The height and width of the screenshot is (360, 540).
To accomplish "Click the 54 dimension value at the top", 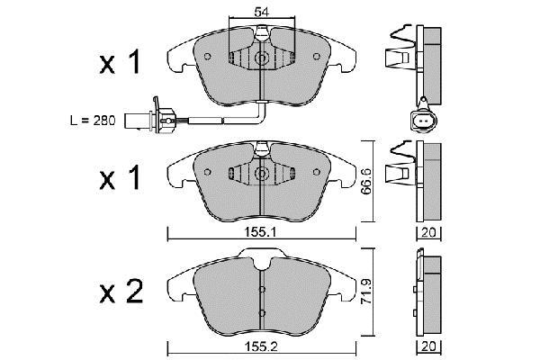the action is (261, 12).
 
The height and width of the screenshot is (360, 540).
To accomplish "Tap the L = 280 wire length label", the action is (93, 121).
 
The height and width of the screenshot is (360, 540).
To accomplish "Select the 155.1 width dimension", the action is (260, 232).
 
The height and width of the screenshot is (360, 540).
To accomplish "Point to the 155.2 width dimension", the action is (261, 346).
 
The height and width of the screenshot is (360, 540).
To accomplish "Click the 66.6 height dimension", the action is (366, 181).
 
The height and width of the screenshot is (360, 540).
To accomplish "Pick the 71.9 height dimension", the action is (366, 292).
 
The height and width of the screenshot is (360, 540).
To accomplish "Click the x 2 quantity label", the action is (121, 292).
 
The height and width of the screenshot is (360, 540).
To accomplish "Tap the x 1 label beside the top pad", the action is (121, 62).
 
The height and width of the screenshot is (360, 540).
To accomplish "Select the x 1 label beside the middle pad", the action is (121, 177).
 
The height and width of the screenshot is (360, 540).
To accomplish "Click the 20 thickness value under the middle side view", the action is (428, 233).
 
